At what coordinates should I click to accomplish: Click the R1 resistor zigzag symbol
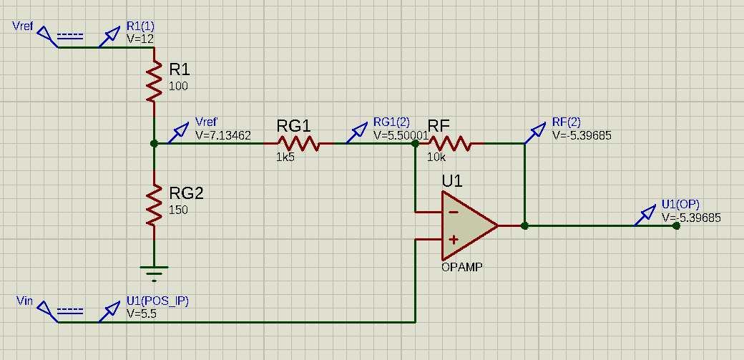click(x=154, y=82)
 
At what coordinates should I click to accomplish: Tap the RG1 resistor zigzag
click(x=298, y=143)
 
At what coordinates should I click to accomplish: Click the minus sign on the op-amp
click(x=453, y=212)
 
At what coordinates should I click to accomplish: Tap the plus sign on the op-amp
click(x=453, y=240)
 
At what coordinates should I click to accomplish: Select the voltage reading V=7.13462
click(x=223, y=135)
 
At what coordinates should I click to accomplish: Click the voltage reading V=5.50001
click(x=401, y=135)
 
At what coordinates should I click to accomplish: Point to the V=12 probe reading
click(x=140, y=39)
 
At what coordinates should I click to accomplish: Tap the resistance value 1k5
click(x=285, y=157)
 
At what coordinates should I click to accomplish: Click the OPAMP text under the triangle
click(x=462, y=267)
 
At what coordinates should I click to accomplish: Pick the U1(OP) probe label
click(x=680, y=204)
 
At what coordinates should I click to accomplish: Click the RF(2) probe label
click(x=567, y=122)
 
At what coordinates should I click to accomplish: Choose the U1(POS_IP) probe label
click(x=157, y=301)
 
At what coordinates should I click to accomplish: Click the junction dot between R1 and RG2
click(x=154, y=143)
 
